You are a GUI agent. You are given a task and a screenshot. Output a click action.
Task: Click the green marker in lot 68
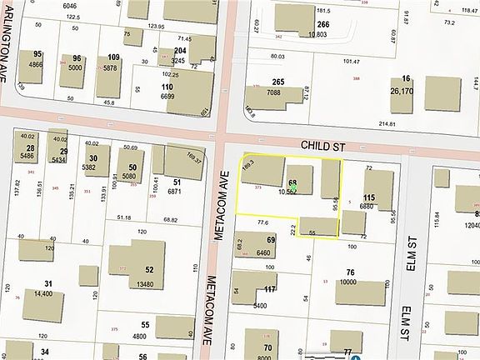click(293, 191)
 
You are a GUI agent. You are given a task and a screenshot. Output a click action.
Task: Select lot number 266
click(323, 25)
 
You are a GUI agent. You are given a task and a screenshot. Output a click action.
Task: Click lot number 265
click(278, 82)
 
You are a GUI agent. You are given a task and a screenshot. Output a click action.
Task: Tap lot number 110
click(167, 87)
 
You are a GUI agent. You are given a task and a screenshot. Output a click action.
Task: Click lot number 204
click(179, 51)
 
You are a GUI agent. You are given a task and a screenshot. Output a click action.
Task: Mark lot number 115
click(369, 197)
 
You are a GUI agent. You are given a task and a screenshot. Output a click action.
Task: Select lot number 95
click(37, 54)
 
